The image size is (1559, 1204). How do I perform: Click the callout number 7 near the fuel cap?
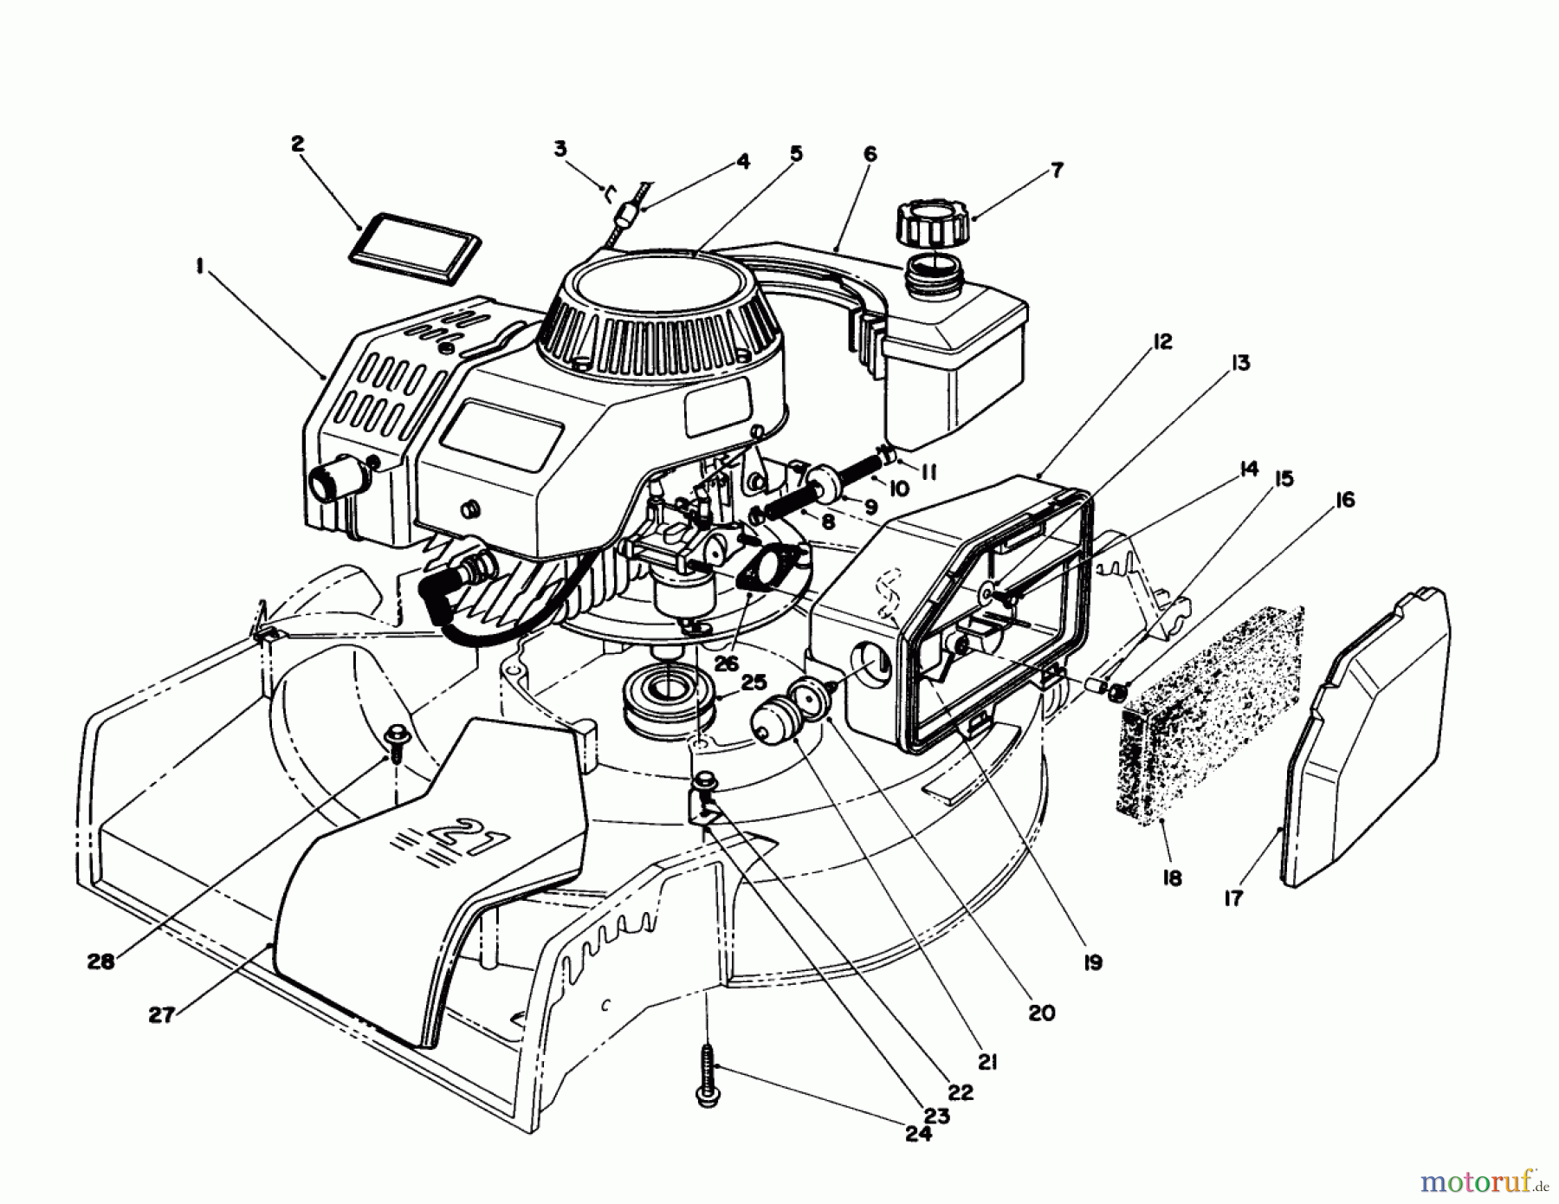point(1057,170)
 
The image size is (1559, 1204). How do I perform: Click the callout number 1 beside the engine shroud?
point(200,269)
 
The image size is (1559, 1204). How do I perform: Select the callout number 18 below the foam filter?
point(1171,879)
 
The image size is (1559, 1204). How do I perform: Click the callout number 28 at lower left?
point(100,961)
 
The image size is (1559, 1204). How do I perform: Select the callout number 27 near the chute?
point(161,1015)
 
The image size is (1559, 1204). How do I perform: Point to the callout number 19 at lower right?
point(1092,962)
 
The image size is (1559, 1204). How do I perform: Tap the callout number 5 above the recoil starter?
point(795,153)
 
